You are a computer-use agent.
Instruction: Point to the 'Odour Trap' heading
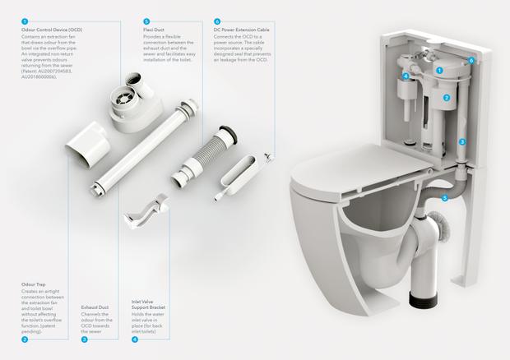tap(35, 284)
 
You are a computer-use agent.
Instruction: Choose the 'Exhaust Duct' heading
tap(97, 306)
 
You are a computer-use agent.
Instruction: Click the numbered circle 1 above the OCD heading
tap(25, 20)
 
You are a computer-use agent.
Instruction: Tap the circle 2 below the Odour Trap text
tap(25, 339)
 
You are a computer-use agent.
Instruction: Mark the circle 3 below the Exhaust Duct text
tap(85, 339)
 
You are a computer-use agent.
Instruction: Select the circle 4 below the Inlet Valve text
tap(134, 339)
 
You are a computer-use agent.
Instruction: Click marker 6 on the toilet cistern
tap(471, 60)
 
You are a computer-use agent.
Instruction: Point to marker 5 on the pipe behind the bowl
tap(444, 197)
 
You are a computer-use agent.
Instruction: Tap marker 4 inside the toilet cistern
tap(406, 76)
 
